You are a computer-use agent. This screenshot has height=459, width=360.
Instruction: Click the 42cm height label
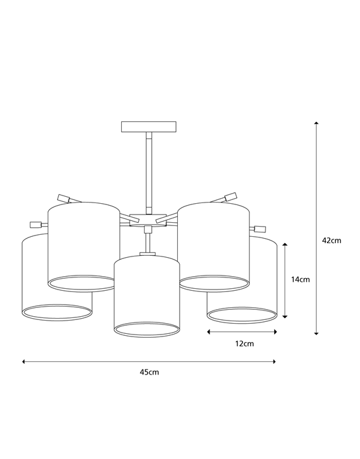(x=331, y=241)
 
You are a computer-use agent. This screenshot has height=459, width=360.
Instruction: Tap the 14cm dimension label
(x=300, y=279)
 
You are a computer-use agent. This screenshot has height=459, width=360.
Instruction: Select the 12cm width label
(x=244, y=343)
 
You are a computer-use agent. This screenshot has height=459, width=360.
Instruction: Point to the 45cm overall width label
(x=149, y=372)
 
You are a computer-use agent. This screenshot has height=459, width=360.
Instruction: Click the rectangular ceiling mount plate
(x=148, y=126)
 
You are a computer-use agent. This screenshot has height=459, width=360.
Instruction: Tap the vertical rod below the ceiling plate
(x=148, y=171)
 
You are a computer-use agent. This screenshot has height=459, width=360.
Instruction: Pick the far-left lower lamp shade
(x=38, y=279)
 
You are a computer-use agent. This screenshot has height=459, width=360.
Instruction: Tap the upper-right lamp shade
(x=213, y=244)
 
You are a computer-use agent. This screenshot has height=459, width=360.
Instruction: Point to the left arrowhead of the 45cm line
(x=24, y=361)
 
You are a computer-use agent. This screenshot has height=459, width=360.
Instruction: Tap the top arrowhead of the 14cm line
(x=286, y=244)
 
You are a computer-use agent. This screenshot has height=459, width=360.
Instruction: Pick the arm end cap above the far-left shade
(x=36, y=224)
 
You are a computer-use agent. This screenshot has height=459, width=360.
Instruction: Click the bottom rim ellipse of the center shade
(x=147, y=328)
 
